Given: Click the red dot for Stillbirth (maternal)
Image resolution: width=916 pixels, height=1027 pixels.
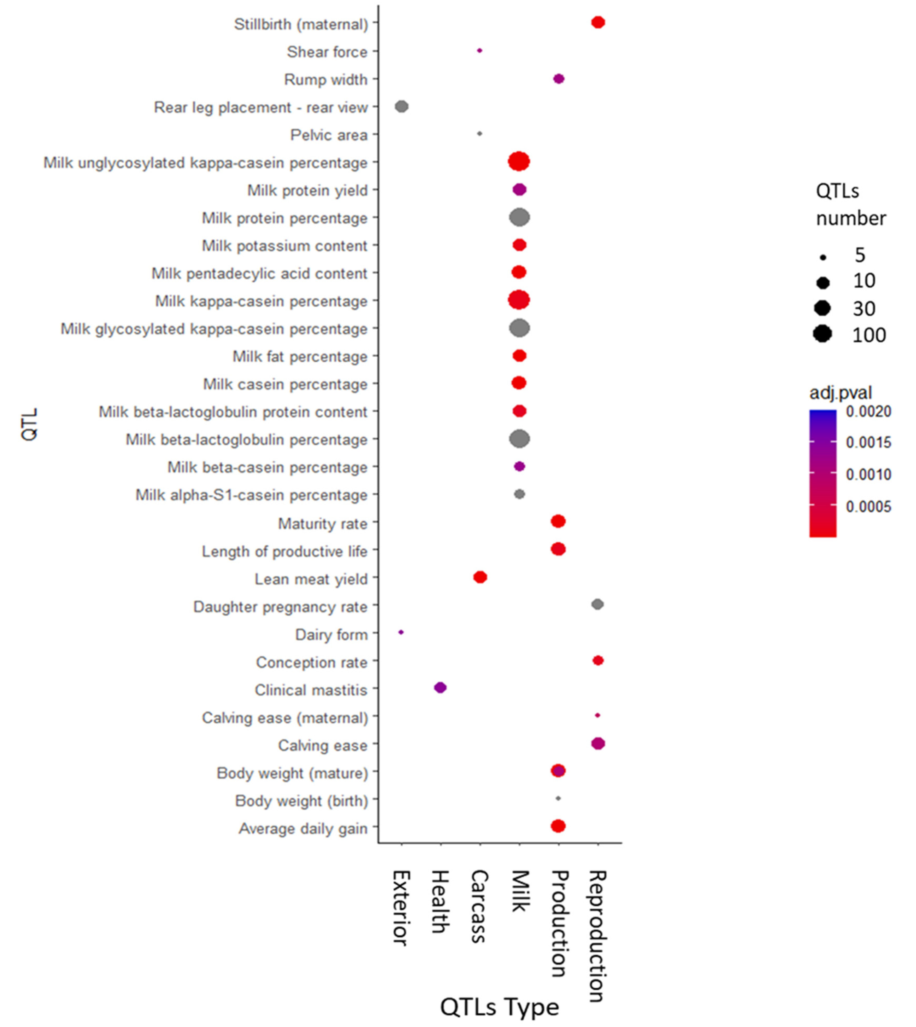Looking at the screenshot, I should click(x=598, y=23).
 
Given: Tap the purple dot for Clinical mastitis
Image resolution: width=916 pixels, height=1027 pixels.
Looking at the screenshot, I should click(x=440, y=687).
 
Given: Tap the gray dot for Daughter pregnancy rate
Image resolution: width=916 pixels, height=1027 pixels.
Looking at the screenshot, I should click(x=598, y=604).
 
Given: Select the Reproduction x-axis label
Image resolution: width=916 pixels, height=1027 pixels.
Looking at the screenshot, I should click(x=598, y=936).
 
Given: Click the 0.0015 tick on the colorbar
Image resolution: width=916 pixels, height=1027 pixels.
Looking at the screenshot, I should click(x=868, y=442).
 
